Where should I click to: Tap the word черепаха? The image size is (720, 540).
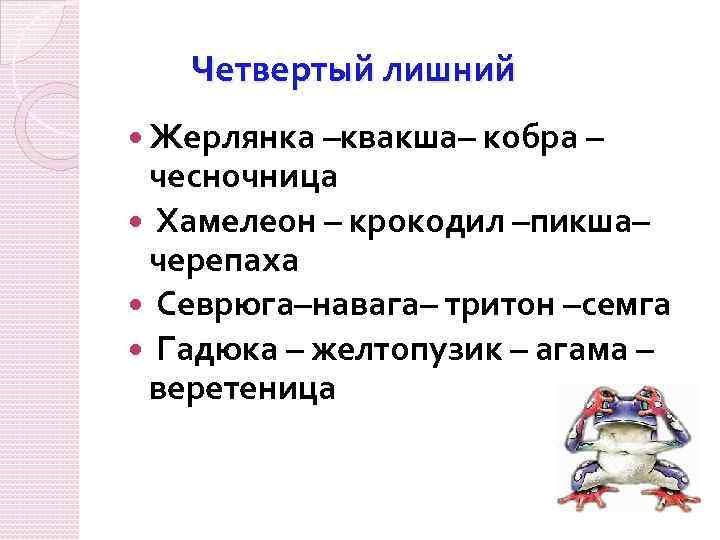224,261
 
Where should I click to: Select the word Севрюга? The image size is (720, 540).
223,303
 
